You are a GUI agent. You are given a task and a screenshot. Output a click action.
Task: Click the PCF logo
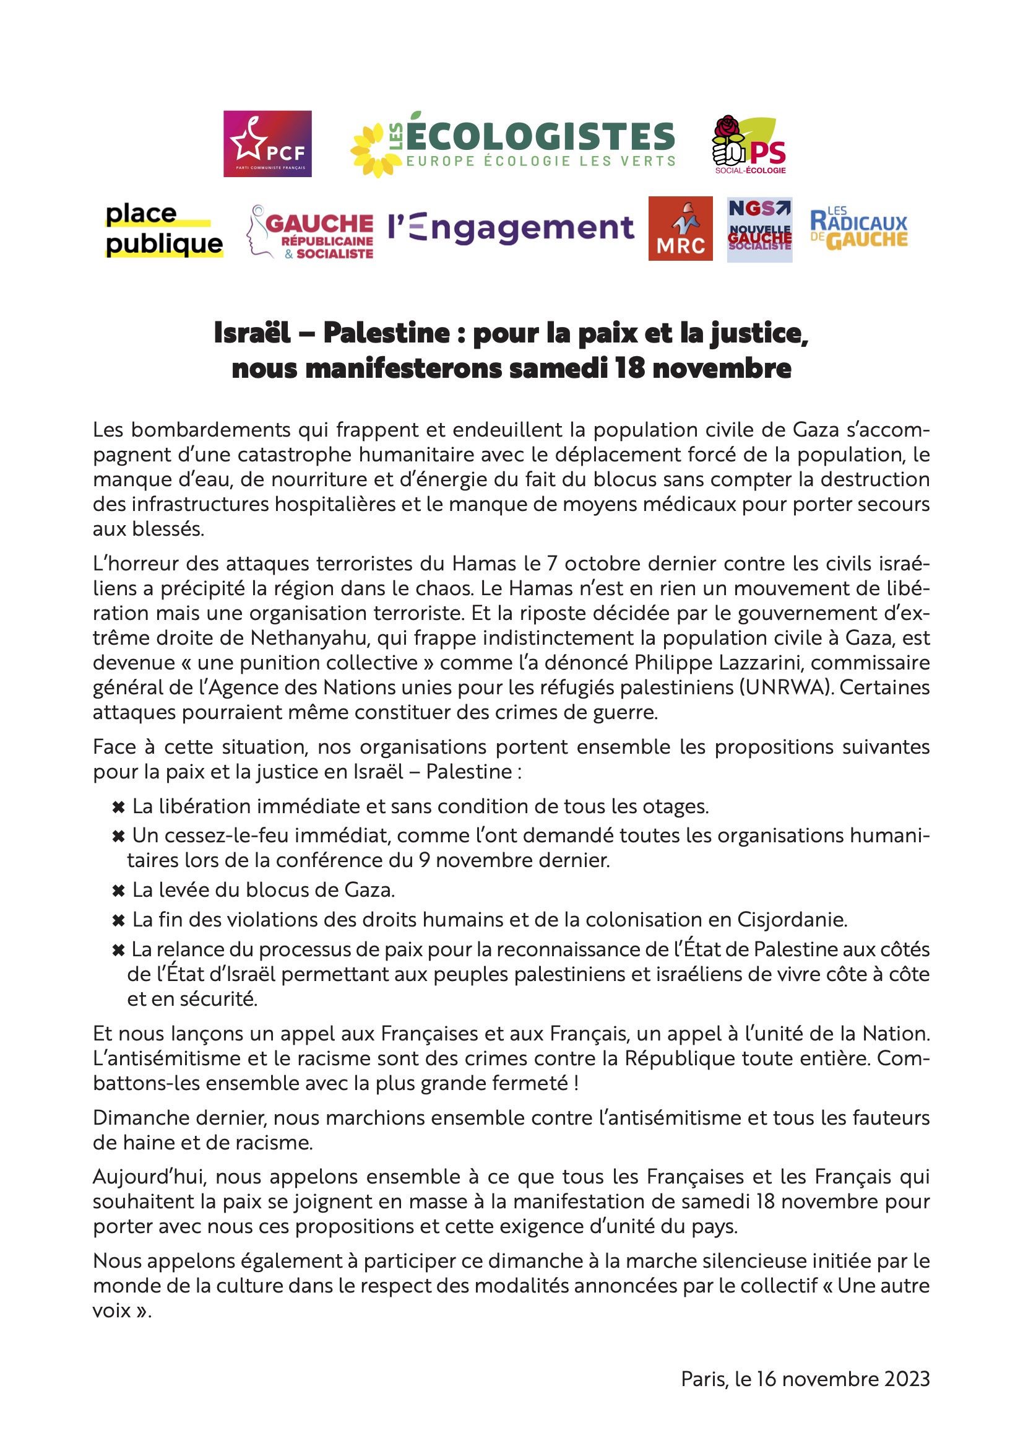(267, 144)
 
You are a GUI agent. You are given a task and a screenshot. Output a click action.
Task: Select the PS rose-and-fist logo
(749, 145)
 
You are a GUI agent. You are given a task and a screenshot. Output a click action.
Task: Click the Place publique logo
(164, 230)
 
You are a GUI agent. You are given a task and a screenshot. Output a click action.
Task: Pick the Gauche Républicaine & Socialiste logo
(311, 232)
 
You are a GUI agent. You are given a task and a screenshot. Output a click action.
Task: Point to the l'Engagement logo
(511, 228)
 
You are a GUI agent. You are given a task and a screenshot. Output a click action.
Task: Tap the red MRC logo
(680, 229)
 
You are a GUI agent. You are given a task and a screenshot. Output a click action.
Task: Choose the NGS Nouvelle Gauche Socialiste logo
(759, 230)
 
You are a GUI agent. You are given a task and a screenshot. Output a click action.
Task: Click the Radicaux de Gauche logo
(858, 229)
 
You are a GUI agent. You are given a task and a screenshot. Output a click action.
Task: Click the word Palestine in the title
(386, 333)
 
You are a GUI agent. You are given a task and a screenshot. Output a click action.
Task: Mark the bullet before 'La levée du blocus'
(118, 891)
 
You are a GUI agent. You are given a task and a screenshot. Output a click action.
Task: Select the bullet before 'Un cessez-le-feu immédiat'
(118, 836)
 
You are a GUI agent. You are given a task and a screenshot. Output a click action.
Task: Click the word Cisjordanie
(792, 920)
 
